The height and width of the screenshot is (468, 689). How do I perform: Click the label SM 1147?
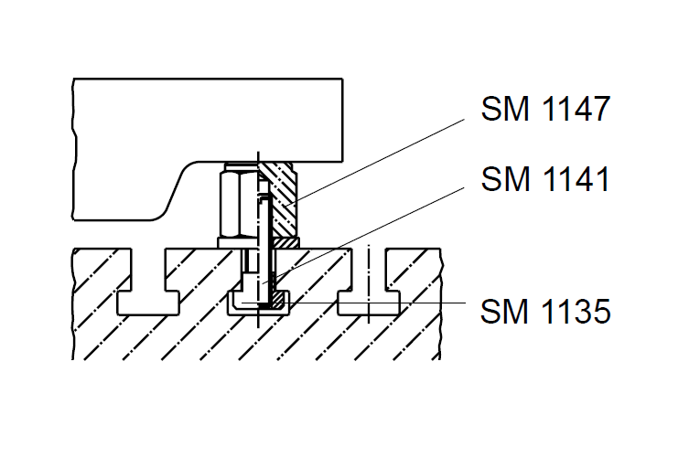544,110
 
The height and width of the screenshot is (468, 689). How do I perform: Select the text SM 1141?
544,179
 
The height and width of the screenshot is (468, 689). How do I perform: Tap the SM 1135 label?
544,312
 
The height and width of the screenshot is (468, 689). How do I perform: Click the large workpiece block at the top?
210,119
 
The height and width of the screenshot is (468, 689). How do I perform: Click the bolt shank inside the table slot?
260,274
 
